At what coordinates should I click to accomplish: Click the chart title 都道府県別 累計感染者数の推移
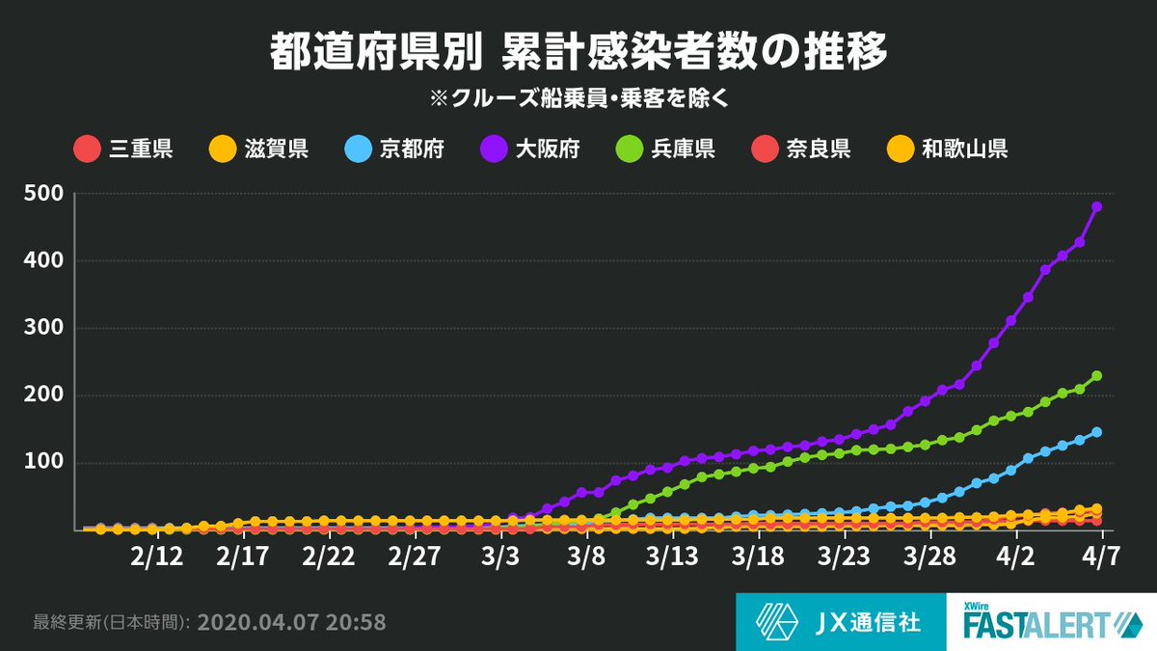coord(578,54)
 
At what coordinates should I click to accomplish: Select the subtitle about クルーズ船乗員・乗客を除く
coord(578,99)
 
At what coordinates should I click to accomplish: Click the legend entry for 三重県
coord(123,149)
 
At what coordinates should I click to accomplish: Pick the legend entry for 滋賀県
coord(258,149)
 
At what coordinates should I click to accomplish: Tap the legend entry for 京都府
coord(393,149)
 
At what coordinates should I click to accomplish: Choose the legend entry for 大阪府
coord(529,149)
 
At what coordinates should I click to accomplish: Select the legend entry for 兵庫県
coord(665,149)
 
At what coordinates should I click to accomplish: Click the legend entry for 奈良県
coord(800,149)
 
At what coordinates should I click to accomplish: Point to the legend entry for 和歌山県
coord(948,149)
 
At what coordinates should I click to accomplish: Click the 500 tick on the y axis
coord(44,194)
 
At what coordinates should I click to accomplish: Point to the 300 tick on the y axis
coord(44,328)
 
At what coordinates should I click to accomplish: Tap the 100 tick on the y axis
coord(44,462)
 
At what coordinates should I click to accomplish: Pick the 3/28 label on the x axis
coord(929,559)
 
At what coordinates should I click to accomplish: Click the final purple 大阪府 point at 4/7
coord(1096,206)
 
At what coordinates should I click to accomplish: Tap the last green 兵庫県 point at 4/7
coord(1096,376)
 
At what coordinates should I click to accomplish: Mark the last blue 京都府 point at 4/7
coord(1096,432)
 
